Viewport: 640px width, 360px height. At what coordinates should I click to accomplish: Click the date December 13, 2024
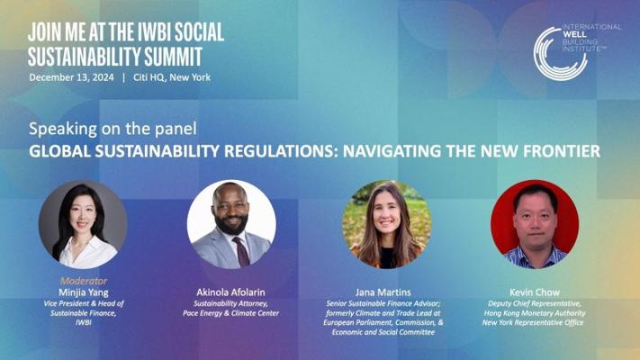pyautogui.click(x=71, y=77)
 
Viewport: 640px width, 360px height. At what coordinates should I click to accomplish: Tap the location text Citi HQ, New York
pyautogui.click(x=172, y=77)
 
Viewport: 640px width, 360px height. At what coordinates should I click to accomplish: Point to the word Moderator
pyautogui.click(x=84, y=281)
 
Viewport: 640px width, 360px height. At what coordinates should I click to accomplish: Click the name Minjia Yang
pyautogui.click(x=84, y=292)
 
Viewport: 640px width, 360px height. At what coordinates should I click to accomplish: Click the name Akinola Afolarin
pyautogui.click(x=230, y=292)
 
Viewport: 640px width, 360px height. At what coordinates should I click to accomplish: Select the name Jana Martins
pyautogui.click(x=383, y=292)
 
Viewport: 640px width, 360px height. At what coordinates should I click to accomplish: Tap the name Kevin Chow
pyautogui.click(x=535, y=292)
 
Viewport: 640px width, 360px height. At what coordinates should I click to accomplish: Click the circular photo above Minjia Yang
pyautogui.click(x=83, y=224)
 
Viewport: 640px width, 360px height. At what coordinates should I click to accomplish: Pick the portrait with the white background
pyautogui.click(x=231, y=224)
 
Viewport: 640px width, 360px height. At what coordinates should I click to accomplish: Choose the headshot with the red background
pyautogui.click(x=535, y=224)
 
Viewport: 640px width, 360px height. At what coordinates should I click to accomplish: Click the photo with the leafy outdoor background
pyautogui.click(x=386, y=224)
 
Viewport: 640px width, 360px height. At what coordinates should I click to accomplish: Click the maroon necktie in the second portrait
pyautogui.click(x=241, y=251)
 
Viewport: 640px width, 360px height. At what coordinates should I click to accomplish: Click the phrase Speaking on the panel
pyautogui.click(x=113, y=129)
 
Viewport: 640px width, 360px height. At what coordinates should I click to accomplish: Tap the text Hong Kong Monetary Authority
pyautogui.click(x=535, y=313)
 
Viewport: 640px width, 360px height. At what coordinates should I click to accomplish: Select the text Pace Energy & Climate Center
pyautogui.click(x=231, y=313)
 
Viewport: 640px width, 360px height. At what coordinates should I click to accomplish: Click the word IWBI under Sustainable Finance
pyautogui.click(x=84, y=322)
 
